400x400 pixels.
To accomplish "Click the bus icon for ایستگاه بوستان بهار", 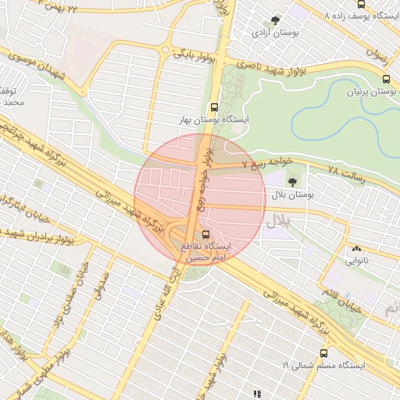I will coord(215,108).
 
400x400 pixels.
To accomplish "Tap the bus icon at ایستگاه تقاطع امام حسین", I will coord(206,234).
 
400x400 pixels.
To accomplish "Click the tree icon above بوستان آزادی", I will coord(274,20).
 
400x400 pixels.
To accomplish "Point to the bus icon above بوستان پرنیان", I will coord(386,79).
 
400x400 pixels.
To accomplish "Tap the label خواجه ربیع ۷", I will coord(266,162).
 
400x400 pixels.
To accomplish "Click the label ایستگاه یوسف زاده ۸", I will coord(359,16).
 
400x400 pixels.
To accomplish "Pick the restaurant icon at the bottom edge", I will coord(258,394).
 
